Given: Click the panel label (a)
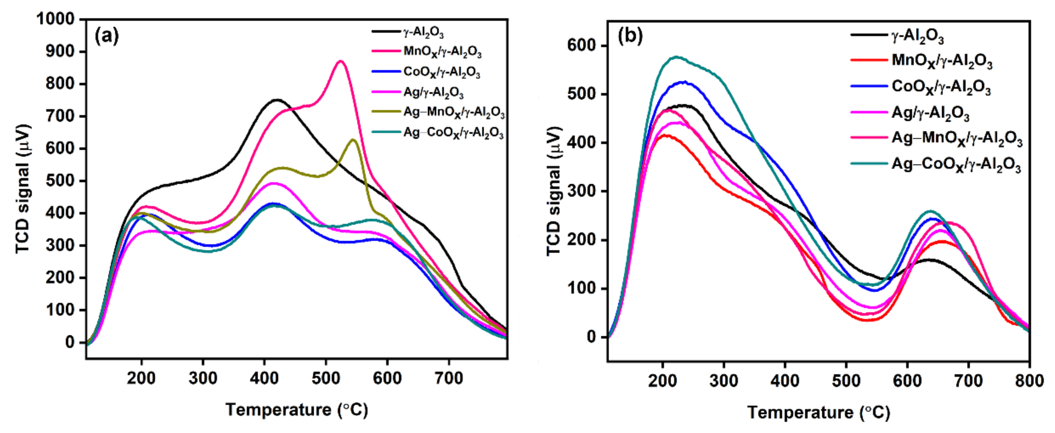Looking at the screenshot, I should [x=107, y=36].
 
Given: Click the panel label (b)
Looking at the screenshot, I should [x=630, y=36].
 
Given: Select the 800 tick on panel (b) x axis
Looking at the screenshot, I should [x=1029, y=381].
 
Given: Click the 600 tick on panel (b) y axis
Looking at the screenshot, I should [x=581, y=46].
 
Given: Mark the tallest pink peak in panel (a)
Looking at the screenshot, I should [x=340, y=61].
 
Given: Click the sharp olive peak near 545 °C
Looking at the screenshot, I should [x=353, y=140].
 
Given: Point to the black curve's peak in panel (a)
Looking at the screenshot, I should [x=277, y=99].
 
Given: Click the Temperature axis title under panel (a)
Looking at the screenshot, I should [x=296, y=410].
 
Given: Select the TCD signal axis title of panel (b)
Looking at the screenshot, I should [x=554, y=191].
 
